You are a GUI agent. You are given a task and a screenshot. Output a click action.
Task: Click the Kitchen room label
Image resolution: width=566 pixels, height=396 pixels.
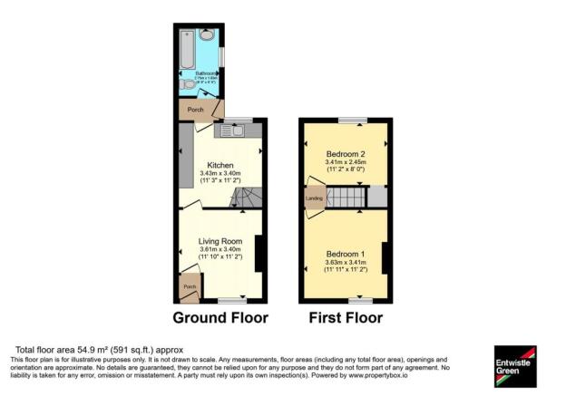[220, 165]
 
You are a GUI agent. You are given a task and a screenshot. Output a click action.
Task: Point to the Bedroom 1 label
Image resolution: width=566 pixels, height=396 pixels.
[346, 253]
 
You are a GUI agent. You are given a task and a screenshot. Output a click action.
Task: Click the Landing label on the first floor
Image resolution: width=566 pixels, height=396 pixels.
[314, 198]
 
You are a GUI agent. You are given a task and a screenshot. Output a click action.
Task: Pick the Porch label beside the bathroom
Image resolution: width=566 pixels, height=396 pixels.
[195, 110]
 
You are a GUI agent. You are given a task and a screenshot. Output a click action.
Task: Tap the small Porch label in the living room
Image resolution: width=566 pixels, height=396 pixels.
[190, 287]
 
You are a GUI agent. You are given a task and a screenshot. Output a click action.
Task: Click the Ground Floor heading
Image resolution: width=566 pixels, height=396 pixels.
[220, 318]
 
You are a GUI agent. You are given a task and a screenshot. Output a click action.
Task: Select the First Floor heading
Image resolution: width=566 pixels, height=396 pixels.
[346, 318]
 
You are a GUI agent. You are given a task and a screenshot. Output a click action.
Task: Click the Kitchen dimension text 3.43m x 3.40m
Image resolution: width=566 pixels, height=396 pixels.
[220, 173]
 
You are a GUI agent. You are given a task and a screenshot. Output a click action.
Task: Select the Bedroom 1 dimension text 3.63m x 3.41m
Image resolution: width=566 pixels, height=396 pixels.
[346, 262]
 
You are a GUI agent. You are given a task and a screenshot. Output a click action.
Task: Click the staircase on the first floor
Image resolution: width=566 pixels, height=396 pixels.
[345, 198]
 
